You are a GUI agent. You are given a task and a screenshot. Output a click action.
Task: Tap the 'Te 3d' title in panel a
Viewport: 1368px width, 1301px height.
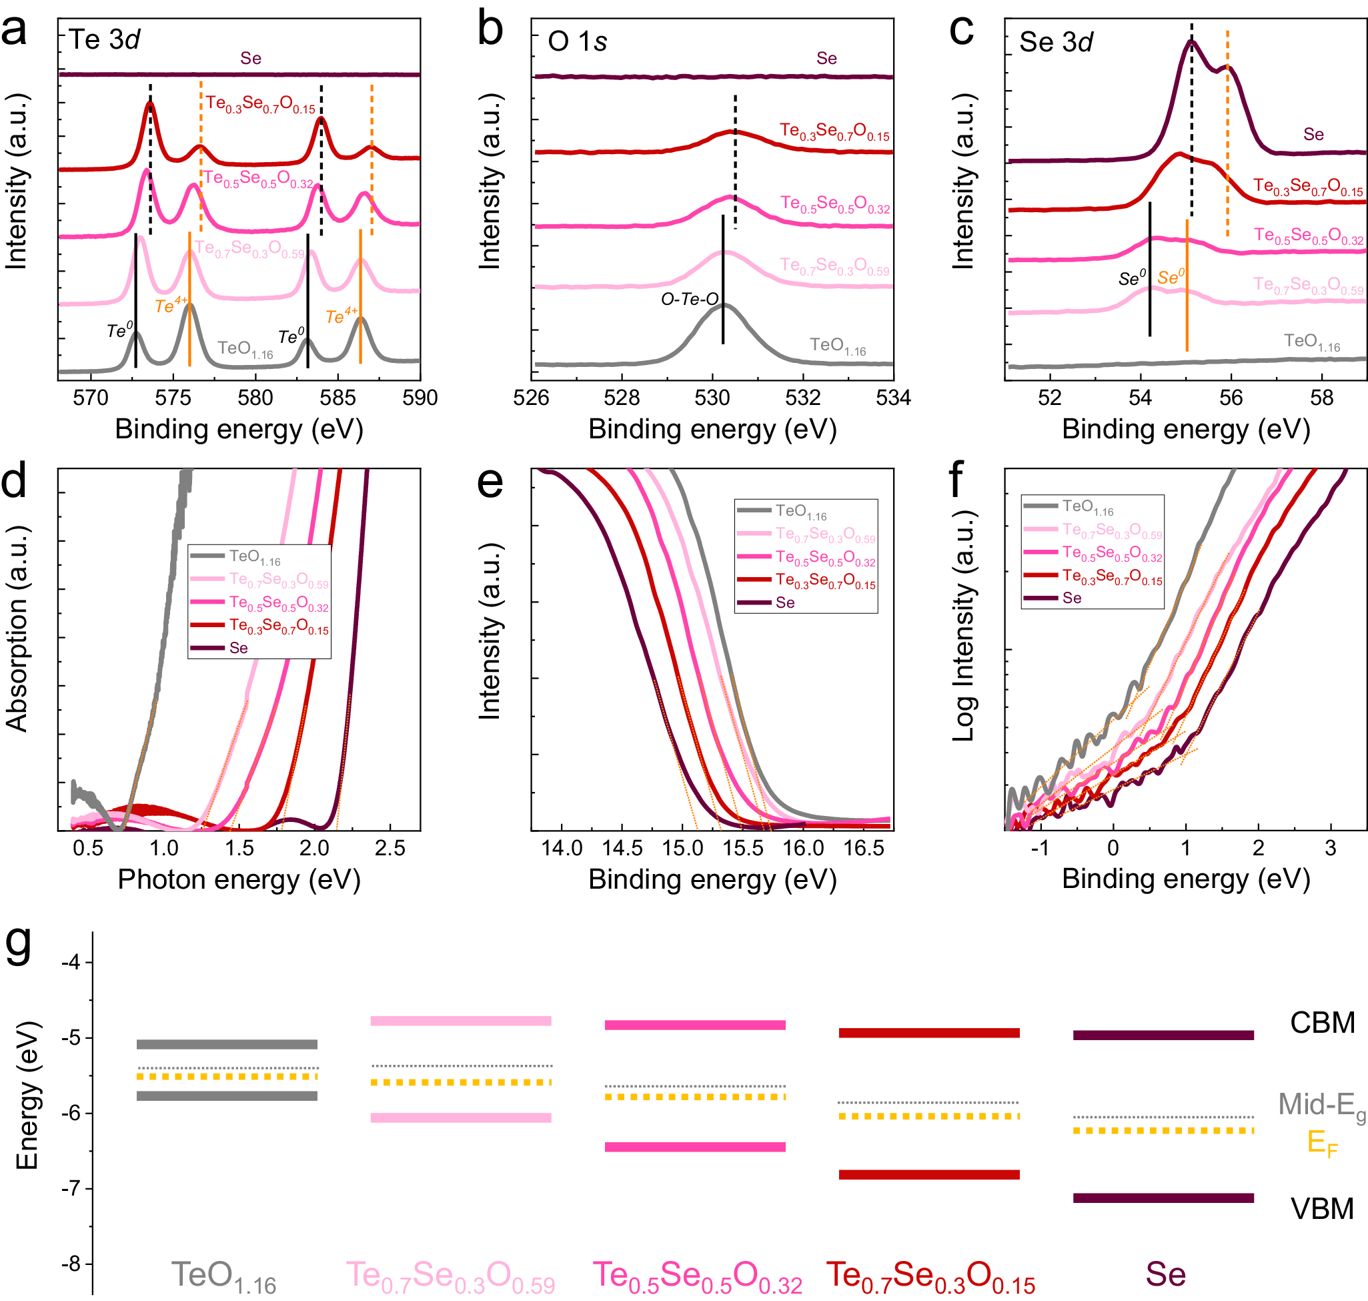(x=104, y=39)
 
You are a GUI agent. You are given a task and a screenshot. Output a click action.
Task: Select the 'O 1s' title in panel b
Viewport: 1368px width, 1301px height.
(x=577, y=41)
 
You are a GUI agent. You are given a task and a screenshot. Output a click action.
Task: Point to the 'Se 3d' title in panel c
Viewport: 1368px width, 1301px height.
(x=1055, y=42)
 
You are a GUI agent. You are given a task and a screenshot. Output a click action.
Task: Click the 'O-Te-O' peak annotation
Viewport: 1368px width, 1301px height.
(x=689, y=300)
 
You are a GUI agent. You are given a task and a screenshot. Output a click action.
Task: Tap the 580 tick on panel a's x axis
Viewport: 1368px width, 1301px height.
(x=255, y=398)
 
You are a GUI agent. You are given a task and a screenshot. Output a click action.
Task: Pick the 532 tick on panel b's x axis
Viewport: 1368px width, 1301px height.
(x=803, y=398)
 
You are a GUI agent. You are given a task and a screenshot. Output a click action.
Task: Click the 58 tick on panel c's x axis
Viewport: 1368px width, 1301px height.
(x=1321, y=398)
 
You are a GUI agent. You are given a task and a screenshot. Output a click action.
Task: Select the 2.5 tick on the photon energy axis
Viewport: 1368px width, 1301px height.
(x=390, y=848)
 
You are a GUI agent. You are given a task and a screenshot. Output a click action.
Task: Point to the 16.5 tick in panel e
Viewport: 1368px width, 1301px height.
(x=864, y=848)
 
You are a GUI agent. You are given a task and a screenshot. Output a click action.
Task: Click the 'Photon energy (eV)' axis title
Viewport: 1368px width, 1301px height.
(x=239, y=879)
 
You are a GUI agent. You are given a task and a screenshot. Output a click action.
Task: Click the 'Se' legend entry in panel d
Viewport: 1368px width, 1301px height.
(x=238, y=648)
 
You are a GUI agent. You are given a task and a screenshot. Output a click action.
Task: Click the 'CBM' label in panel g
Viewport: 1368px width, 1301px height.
(x=1321, y=1023)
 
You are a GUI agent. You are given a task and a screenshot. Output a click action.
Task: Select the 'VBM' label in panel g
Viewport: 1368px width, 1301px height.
(x=1321, y=1209)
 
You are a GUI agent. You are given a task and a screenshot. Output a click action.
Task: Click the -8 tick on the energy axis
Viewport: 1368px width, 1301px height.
(x=71, y=1264)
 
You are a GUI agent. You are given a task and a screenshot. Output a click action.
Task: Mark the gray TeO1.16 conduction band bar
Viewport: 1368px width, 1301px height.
(x=227, y=1044)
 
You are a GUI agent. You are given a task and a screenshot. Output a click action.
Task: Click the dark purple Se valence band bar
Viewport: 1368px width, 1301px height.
(x=1163, y=1198)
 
